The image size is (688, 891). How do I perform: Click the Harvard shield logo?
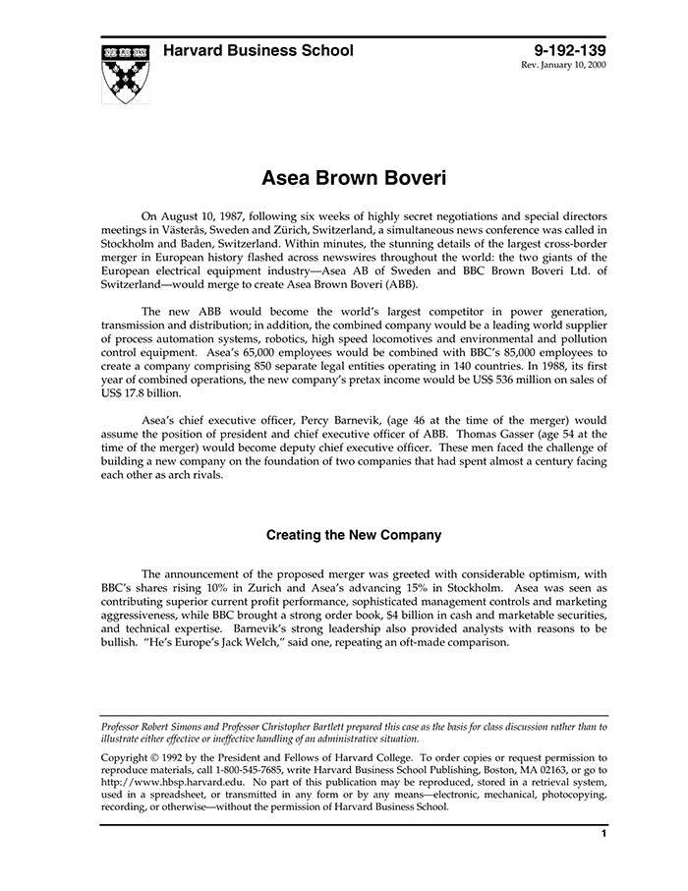127,72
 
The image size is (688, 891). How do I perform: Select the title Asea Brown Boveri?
354,179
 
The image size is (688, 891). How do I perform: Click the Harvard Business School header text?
258,50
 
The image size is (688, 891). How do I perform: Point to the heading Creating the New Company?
354,536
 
